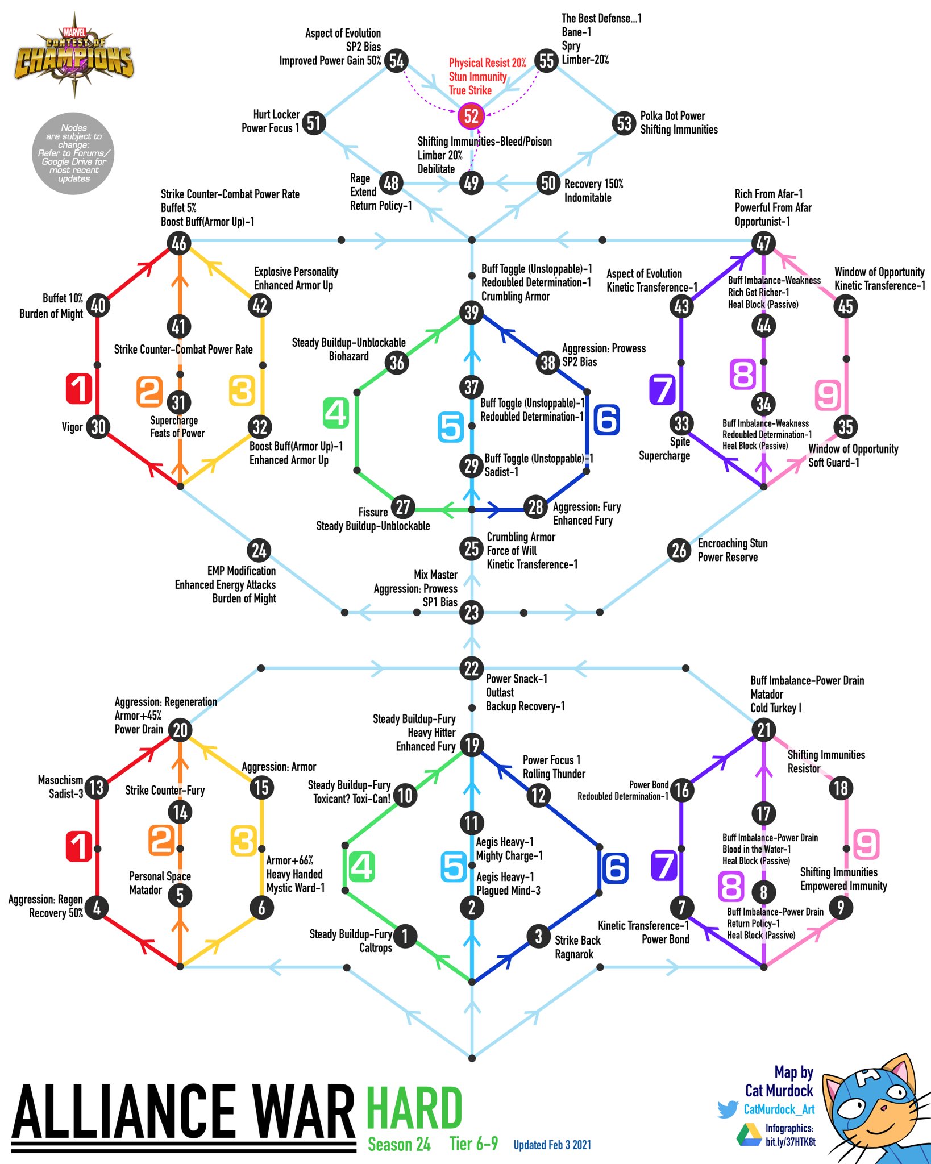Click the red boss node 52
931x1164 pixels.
(x=471, y=116)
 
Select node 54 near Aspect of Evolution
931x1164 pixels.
(x=396, y=60)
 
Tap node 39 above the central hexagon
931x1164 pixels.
(x=471, y=313)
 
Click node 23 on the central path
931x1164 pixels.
(x=471, y=613)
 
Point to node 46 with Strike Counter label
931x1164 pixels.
(x=179, y=243)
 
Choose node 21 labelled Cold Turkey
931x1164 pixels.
(x=763, y=730)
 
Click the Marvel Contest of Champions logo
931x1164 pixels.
(x=74, y=59)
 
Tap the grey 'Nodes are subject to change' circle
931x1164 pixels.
(x=74, y=153)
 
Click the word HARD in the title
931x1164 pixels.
(x=414, y=1108)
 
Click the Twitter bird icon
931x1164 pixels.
(x=728, y=1109)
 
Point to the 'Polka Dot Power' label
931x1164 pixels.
(x=672, y=116)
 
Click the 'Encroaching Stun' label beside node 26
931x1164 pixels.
(x=732, y=543)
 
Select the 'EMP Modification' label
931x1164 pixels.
(x=242, y=571)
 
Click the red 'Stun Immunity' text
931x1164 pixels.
(x=477, y=77)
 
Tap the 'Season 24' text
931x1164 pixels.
(x=399, y=1144)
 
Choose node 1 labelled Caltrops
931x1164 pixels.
(x=404, y=936)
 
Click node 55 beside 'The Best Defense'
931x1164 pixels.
(x=546, y=60)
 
